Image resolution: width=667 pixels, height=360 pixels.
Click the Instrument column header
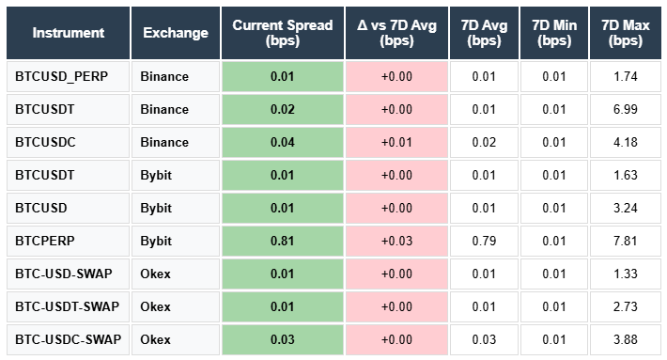pos(69,33)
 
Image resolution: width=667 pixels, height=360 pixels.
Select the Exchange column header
pos(176,33)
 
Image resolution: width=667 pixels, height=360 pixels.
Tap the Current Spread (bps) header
pos(282,33)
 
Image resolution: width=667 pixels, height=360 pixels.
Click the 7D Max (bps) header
pos(625,33)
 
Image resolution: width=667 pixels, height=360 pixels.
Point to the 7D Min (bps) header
pos(553,33)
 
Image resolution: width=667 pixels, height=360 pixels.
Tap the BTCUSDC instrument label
pos(45,142)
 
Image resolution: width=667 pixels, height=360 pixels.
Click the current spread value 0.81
pos(282,241)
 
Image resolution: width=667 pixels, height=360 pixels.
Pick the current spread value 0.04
pos(282,142)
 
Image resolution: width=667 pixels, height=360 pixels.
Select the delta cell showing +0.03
pos(396,241)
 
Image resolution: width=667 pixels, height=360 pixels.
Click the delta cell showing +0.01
pos(396,142)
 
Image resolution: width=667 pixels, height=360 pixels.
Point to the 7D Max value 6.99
pos(625,109)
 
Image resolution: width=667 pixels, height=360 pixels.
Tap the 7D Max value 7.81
pos(625,241)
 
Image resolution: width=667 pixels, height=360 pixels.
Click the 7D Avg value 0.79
pos(484,241)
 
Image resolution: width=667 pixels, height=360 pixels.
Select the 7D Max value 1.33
pos(625,274)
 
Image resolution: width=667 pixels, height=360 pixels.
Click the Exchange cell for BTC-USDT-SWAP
pos(158,306)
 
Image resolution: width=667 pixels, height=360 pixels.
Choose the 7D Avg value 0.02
pos(484,142)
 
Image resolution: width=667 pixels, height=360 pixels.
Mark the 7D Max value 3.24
pos(625,208)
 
